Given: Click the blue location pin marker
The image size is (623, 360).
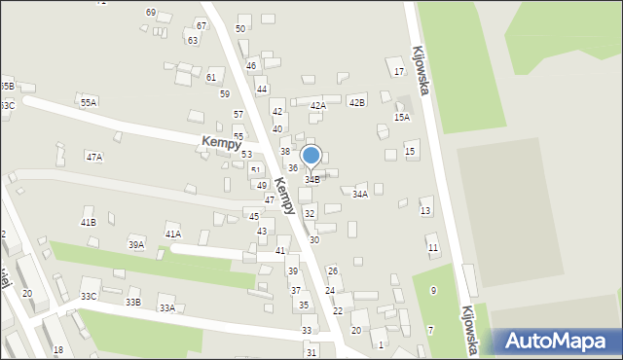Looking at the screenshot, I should [x=311, y=156].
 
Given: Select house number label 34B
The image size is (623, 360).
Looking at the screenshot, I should [x=312, y=180].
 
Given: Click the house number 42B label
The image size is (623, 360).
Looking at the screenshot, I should [x=356, y=102].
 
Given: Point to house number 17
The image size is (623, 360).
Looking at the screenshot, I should [x=398, y=72].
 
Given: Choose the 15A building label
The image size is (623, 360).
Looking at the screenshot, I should [x=402, y=117].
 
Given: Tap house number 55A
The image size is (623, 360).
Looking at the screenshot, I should [x=89, y=102].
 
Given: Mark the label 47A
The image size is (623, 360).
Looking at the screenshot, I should [x=93, y=157].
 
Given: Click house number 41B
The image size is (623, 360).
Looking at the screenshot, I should [x=88, y=223].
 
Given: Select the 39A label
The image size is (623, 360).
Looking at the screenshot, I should [x=136, y=245].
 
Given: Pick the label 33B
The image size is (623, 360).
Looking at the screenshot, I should [x=132, y=302].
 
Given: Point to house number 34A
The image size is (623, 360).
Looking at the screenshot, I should [x=360, y=195].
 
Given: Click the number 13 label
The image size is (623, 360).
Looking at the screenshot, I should [x=425, y=211].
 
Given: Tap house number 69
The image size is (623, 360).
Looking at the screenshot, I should [x=151, y=12].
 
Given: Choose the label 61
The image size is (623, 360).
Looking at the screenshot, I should [x=211, y=76].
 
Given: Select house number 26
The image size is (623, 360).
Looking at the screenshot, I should [x=332, y=271].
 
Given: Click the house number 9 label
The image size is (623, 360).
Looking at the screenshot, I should [x=433, y=291].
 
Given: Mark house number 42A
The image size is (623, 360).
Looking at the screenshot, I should [x=318, y=106].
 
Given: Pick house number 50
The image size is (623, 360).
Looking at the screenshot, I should [x=240, y=29].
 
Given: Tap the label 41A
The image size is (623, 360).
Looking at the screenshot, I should [x=173, y=234].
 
